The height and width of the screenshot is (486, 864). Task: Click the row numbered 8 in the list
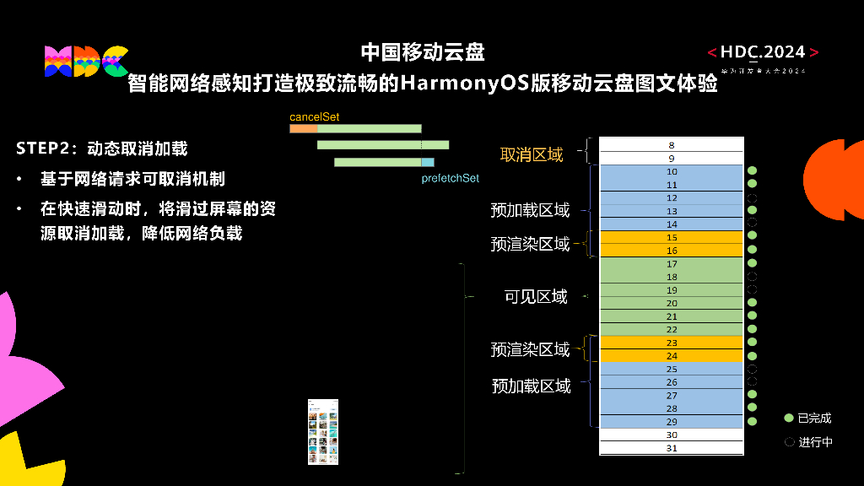click(x=672, y=145)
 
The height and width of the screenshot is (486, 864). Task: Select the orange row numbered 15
click(x=672, y=238)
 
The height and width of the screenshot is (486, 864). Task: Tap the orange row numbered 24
click(x=672, y=356)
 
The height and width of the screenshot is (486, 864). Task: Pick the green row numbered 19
click(x=672, y=290)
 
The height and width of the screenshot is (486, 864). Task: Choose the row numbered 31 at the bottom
click(x=672, y=448)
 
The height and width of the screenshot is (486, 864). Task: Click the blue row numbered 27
click(x=672, y=396)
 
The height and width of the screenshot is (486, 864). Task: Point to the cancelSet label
click(x=314, y=117)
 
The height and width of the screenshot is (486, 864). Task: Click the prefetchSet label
click(x=450, y=179)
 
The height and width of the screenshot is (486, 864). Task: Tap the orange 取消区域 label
click(x=532, y=154)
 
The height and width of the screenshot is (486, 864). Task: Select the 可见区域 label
click(x=536, y=297)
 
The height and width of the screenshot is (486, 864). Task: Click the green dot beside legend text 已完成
click(x=789, y=418)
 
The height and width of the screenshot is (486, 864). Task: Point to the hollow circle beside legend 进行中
click(x=789, y=441)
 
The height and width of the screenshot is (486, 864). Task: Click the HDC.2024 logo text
click(x=763, y=52)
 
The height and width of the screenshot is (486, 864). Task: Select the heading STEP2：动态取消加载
click(x=101, y=149)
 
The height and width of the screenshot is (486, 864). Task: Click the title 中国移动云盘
click(x=423, y=52)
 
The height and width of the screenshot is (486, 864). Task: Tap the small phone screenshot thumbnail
click(x=323, y=431)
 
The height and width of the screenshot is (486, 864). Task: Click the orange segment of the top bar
click(x=303, y=129)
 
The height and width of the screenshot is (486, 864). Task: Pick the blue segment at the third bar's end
click(x=428, y=162)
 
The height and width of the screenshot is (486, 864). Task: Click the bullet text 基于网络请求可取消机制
click(x=132, y=180)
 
